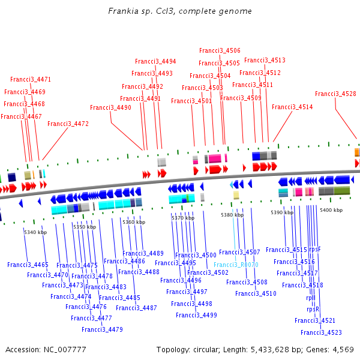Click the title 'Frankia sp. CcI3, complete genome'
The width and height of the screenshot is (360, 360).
(x=180, y=11)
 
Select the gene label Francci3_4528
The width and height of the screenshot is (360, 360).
(x=335, y=94)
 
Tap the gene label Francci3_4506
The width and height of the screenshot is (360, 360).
(x=220, y=51)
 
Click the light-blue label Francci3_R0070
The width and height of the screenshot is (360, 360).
(x=236, y=265)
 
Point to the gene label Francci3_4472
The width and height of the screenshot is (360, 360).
(x=68, y=124)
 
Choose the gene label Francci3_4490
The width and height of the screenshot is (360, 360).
(x=110, y=108)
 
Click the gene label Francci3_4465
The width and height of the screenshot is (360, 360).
(x=28, y=265)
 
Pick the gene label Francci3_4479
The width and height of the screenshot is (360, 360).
(x=102, y=329)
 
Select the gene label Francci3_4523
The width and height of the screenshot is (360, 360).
(x=321, y=332)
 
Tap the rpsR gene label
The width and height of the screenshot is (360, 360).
(x=313, y=310)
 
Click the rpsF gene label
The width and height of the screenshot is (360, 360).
(x=315, y=249)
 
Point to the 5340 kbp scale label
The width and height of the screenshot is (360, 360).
(x=35, y=232)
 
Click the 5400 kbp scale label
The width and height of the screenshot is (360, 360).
(x=331, y=210)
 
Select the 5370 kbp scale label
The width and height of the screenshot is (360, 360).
(x=183, y=218)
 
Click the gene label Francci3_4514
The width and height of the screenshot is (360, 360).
(x=292, y=107)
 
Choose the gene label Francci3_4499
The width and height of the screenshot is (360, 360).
(x=196, y=315)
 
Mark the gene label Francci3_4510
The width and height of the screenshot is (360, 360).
(x=256, y=293)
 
